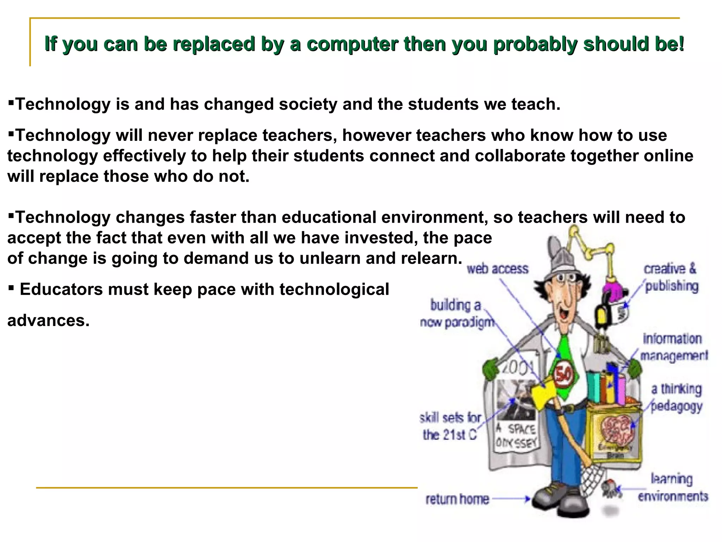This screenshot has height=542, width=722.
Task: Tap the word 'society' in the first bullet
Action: [308, 104]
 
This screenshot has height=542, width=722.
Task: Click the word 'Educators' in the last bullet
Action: [61, 289]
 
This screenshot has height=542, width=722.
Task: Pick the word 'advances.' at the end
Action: [48, 320]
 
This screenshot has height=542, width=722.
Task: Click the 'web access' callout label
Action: [497, 269]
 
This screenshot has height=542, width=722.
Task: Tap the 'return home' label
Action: [457, 499]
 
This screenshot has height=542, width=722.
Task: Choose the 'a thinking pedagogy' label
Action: [676, 397]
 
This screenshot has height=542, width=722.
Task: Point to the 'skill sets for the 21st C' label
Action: [450, 426]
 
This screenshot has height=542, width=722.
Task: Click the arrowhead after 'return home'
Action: [528, 499]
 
